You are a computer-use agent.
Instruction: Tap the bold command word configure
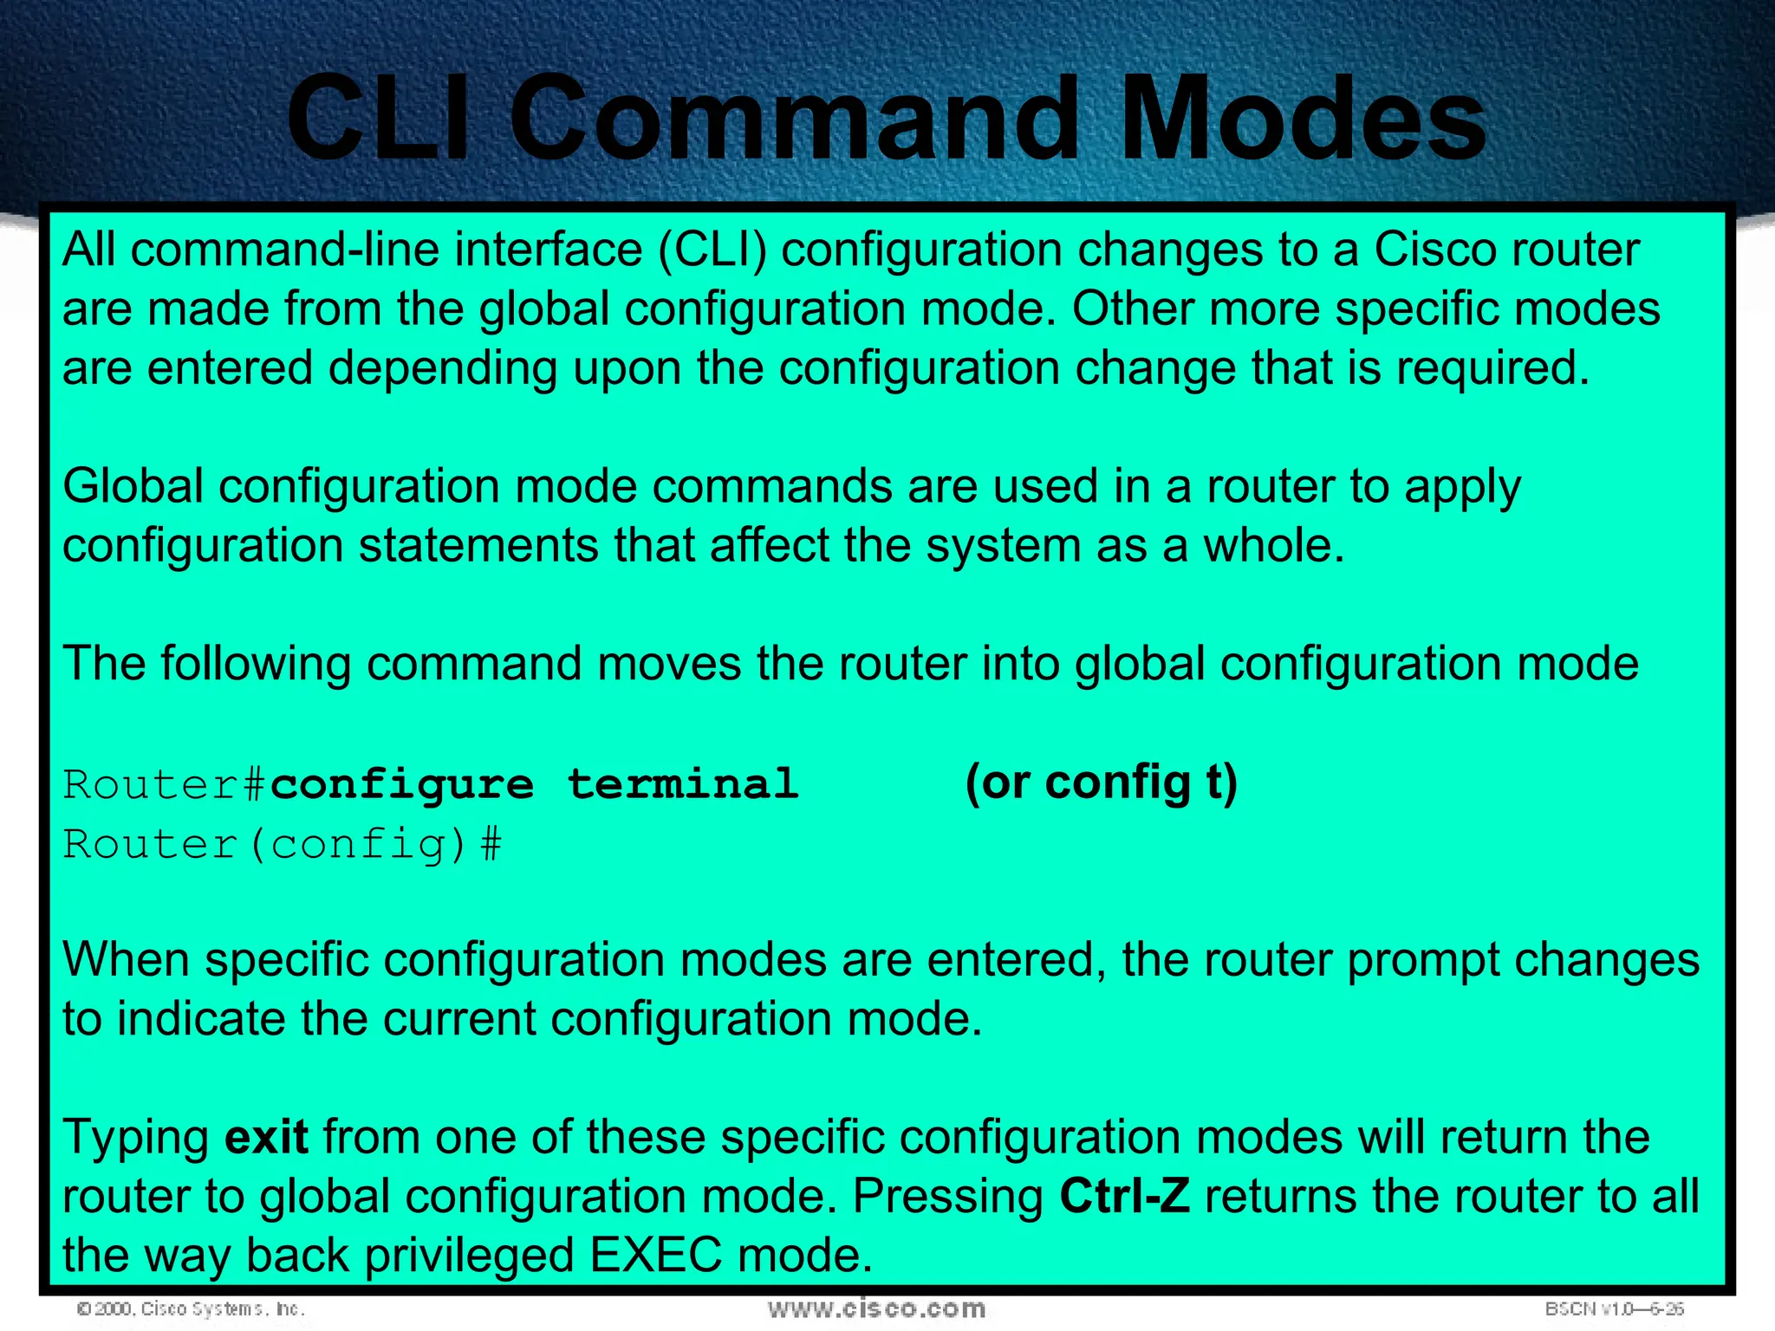402,785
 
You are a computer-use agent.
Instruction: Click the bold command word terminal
683,785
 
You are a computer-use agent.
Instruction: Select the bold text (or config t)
1102,782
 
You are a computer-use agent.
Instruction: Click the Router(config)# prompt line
282,845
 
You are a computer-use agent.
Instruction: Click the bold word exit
266,1137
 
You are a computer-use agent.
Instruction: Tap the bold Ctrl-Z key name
1124,1197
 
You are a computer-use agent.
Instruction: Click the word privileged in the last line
469,1256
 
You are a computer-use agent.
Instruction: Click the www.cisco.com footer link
876,1308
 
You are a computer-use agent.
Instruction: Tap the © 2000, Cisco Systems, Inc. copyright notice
191,1308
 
